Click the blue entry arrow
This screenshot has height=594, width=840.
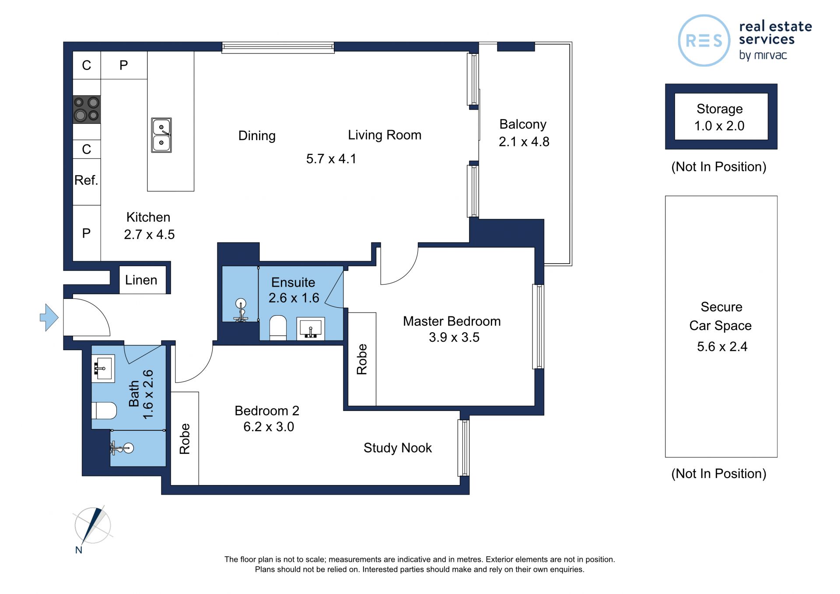pyautogui.click(x=49, y=317)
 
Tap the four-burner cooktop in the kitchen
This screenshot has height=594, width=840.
pyautogui.click(x=87, y=109)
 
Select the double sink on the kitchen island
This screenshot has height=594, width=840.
pyautogui.click(x=161, y=135)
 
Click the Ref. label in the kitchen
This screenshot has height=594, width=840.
pyautogui.click(x=86, y=180)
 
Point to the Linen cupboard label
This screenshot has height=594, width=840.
pyautogui.click(x=141, y=280)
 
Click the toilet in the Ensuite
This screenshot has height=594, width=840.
pyautogui.click(x=278, y=327)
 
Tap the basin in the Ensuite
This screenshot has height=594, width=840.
pyautogui.click(x=311, y=328)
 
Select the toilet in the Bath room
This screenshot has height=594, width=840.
pyautogui.click(x=104, y=411)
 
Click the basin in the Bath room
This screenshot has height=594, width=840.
pyautogui.click(x=103, y=369)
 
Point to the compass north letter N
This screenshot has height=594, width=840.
pyautogui.click(x=79, y=550)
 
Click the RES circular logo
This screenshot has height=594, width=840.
pyautogui.click(x=704, y=41)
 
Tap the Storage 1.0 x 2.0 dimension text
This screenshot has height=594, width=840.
pyautogui.click(x=719, y=126)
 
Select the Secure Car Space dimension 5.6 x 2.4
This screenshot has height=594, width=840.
pyautogui.click(x=722, y=347)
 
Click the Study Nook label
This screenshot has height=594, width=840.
pyautogui.click(x=397, y=448)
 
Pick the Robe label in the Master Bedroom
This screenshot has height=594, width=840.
pyautogui.click(x=362, y=359)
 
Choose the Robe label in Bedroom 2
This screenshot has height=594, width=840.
pyautogui.click(x=185, y=439)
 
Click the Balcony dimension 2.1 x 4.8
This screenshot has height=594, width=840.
pyautogui.click(x=524, y=141)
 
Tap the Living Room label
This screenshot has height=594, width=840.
pyautogui.click(x=385, y=135)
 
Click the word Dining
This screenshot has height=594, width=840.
pyautogui.click(x=257, y=136)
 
